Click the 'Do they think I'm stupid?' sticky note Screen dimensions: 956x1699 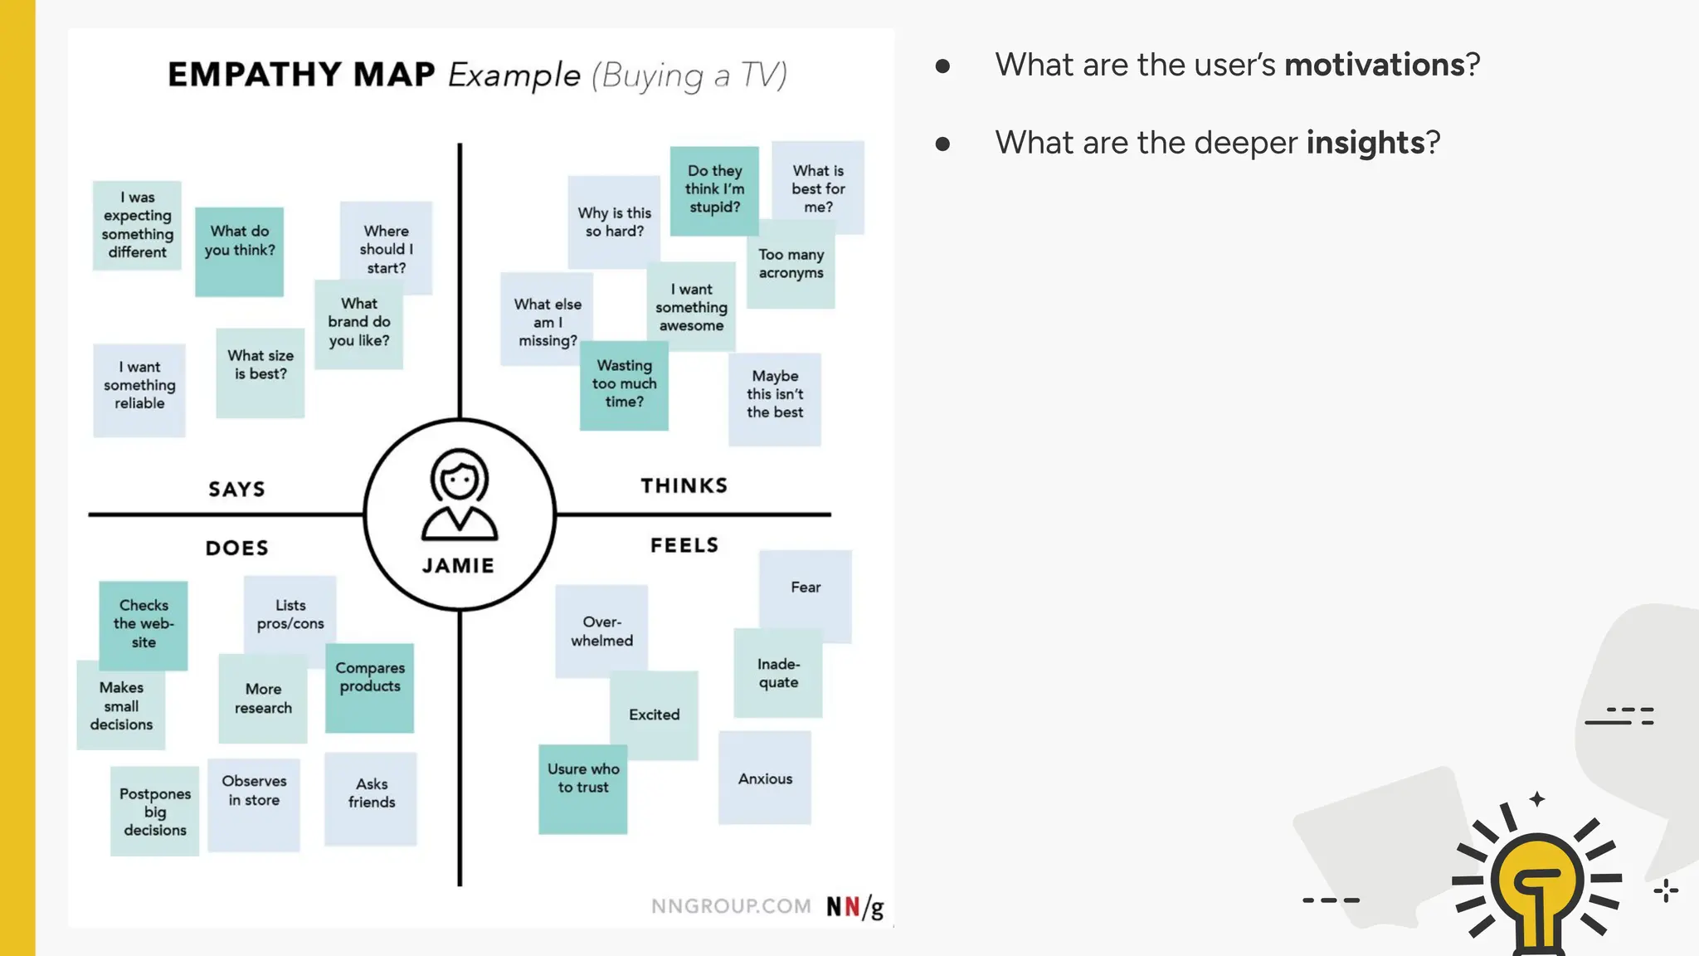[x=714, y=190]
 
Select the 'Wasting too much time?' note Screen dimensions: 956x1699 [x=624, y=384]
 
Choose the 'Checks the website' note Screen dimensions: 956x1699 [x=144, y=623]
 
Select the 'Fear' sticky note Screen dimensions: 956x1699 [x=805, y=590]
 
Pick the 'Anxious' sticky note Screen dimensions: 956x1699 [x=765, y=778]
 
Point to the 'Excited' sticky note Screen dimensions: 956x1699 [x=655, y=715]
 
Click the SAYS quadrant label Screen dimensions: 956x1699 [x=237, y=490]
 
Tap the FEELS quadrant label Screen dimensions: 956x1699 [x=684, y=545]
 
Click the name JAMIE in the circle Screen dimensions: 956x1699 [x=458, y=566]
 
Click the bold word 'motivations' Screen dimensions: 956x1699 [x=1374, y=65]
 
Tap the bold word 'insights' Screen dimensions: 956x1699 [x=1365, y=143]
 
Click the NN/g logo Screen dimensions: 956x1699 [x=854, y=906]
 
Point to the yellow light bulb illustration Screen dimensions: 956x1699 [x=1536, y=885]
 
